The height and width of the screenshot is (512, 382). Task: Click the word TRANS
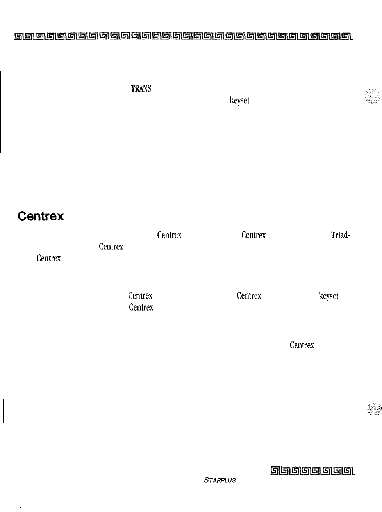141,89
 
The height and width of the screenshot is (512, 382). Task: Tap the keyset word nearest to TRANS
239,100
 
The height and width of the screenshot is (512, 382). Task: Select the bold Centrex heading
41,216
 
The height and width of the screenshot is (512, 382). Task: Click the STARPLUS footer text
220,480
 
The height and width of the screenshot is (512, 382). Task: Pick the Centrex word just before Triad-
253,235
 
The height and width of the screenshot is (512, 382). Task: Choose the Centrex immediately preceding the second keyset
249,296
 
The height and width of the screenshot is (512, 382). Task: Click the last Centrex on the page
302,345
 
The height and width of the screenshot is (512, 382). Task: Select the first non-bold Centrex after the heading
169,235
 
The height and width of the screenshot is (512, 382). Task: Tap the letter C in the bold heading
22,216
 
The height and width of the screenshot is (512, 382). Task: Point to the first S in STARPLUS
206,480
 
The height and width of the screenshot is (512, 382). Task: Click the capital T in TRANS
133,89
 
